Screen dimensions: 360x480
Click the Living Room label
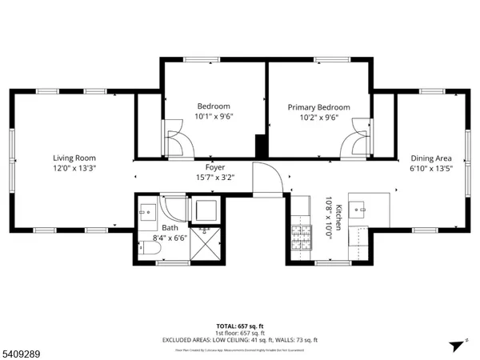point(74,158)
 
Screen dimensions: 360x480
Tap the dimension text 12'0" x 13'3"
point(74,169)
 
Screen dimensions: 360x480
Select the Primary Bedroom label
point(319,107)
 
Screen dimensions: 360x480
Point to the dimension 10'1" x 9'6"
point(214,117)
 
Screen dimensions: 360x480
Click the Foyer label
point(214,167)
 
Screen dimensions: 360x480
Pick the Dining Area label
point(432,158)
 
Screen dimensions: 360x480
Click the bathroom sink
point(146,211)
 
